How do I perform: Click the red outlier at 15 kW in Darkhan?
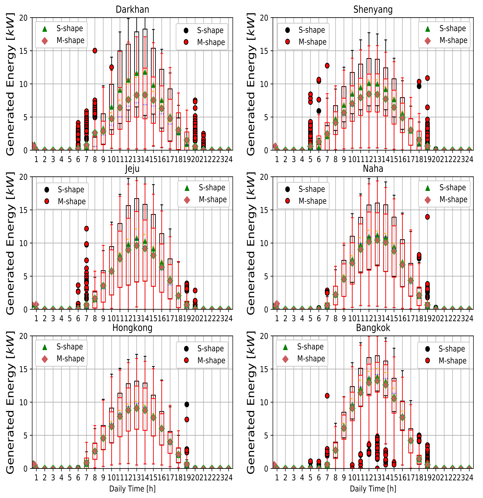tap(95, 51)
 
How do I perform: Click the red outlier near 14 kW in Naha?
tap(427, 217)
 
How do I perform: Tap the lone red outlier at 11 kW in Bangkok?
tap(327, 396)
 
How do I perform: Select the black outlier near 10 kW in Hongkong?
tap(187, 404)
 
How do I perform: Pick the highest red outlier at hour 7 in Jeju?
tap(86, 228)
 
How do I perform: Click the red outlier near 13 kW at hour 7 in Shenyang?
tap(327, 66)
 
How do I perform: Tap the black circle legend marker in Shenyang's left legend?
tap(287, 30)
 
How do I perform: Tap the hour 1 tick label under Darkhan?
tap(36, 159)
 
